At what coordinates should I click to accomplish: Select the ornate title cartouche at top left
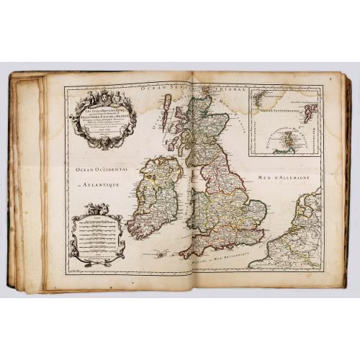[x=102, y=120]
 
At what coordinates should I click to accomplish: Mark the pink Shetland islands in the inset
[x=310, y=112]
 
